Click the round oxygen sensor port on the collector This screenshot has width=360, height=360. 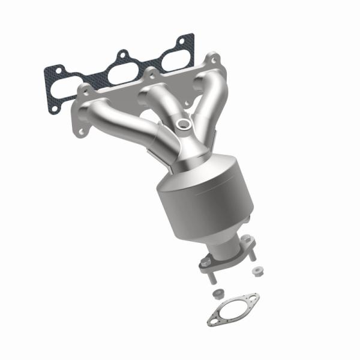click(184, 124)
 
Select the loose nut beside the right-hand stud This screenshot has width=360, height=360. click(258, 271)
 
